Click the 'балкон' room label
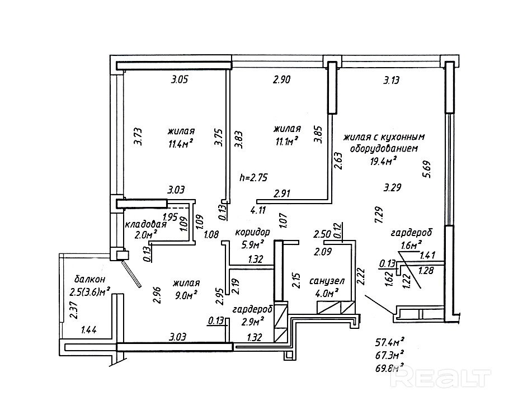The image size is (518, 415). click(x=90, y=279)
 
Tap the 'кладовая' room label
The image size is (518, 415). click(x=145, y=225)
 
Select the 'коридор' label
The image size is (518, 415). click(x=252, y=232)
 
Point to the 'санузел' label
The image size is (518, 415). click(x=327, y=281)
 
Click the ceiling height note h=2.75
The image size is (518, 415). click(x=253, y=178)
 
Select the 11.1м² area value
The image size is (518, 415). click(x=287, y=141)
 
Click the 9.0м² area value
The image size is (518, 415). click(x=186, y=295)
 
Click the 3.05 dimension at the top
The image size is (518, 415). click(x=180, y=79)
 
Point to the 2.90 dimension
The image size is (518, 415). click(x=281, y=79)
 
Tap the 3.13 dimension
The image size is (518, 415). click(x=392, y=81)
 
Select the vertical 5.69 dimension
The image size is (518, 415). click(x=428, y=170)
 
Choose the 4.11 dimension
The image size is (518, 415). click(x=258, y=210)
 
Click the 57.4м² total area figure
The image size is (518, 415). click(x=390, y=342)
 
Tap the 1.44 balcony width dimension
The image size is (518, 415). click(x=89, y=329)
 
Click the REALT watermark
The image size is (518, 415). click(x=440, y=376)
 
